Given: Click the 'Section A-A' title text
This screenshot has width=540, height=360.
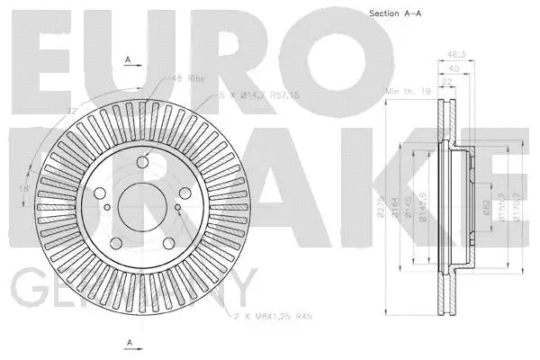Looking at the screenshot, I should point(396,13).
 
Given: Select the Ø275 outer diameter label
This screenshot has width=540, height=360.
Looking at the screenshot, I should point(382,212).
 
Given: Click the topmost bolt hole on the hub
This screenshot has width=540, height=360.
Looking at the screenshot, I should point(144,163).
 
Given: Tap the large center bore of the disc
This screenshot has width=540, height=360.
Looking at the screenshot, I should point(135,203).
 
